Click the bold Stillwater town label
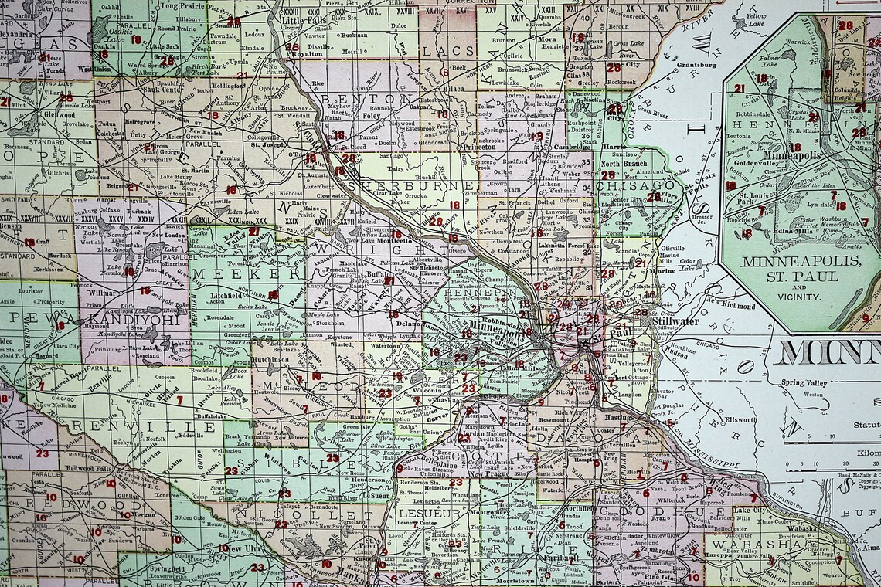pyautogui.click(x=675, y=321)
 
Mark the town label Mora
pyautogui.click(x=547, y=39)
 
